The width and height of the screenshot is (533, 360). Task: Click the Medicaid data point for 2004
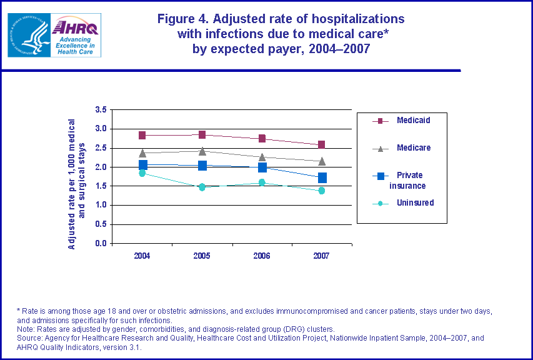142,135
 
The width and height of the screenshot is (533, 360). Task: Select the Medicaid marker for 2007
322,145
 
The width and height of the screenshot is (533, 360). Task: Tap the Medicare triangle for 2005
202,151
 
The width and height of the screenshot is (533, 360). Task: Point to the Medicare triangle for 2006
262,157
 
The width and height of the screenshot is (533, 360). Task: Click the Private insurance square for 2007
322,178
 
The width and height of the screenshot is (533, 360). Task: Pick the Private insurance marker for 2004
142,165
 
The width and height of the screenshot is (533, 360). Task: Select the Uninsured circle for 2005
202,187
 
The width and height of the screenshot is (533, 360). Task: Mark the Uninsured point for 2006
262,182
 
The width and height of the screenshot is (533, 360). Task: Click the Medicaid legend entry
413,120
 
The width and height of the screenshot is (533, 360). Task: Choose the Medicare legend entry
413,147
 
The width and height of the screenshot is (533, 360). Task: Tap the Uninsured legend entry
415,202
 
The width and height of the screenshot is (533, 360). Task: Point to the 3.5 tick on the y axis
101,109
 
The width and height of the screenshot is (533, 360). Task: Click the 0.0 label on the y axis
101,244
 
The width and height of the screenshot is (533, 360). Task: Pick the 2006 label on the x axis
262,256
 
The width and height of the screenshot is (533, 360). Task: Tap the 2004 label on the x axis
142,256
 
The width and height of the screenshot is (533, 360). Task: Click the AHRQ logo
75,36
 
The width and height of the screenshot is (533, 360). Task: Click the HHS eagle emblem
28,36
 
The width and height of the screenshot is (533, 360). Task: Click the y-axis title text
76,184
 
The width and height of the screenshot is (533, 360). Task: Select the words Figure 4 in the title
185,18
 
